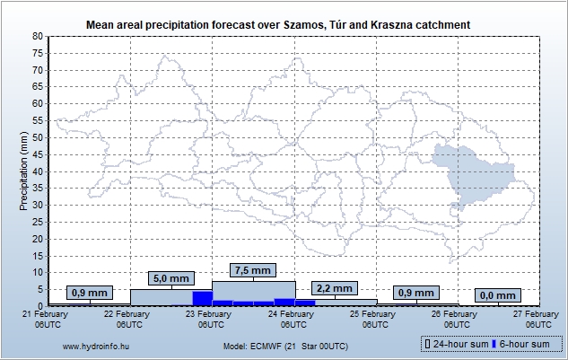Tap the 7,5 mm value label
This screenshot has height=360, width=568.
pos(252,270)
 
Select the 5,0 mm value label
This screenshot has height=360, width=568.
pos(170,277)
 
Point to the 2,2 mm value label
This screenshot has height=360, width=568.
pos(335,288)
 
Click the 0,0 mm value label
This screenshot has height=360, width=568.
pos(498,295)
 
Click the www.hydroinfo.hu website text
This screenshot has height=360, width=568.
pos(93,346)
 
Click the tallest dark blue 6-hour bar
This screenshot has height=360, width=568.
pos(202,298)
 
